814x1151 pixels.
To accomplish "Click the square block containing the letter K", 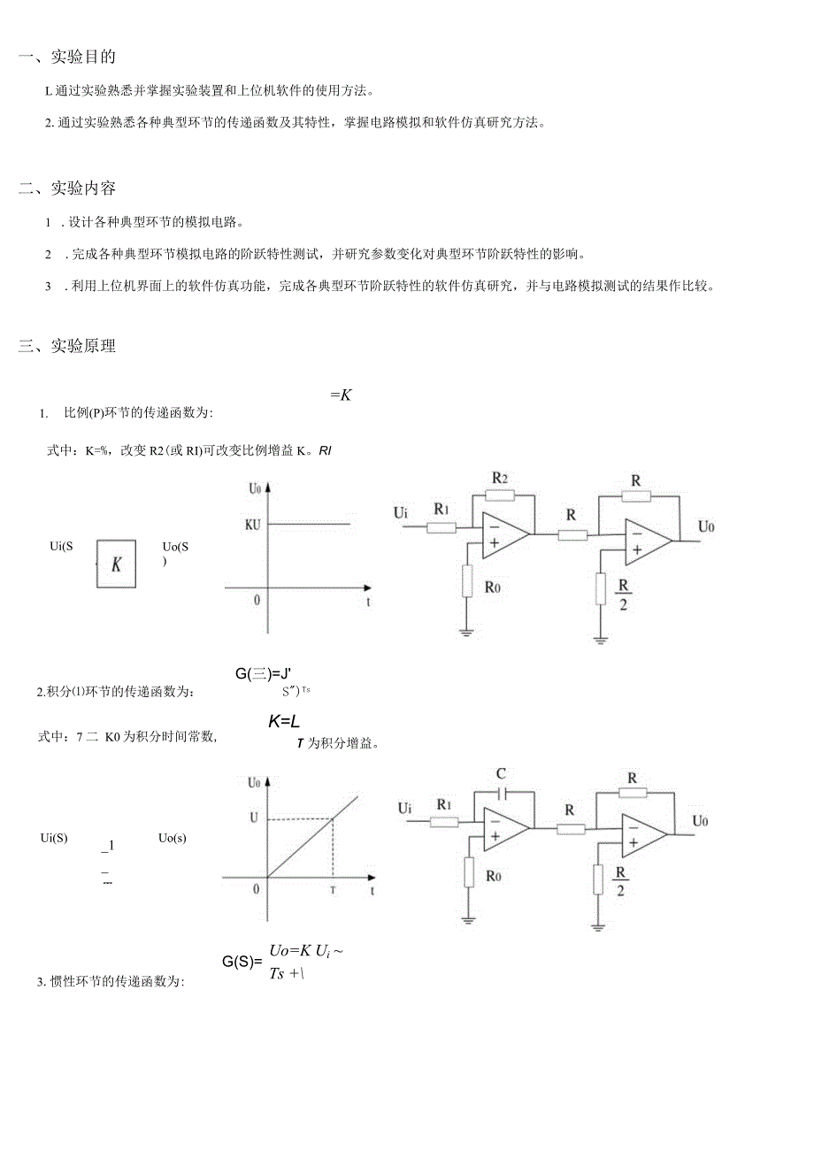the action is [x=116, y=564].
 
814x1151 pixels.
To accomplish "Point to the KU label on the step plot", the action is [x=254, y=524].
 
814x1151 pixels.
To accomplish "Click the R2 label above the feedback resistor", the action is [x=500, y=478].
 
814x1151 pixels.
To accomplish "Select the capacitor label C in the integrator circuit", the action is [x=503, y=773].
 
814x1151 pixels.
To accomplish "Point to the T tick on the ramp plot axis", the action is [x=333, y=890].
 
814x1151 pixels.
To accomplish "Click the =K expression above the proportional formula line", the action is [x=341, y=395].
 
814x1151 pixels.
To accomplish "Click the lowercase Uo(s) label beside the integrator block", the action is [x=173, y=837].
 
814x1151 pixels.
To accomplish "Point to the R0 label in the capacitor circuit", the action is [x=493, y=877].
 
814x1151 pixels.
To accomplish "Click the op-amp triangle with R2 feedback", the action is [x=504, y=533].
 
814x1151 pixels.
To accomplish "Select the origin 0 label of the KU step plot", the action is [x=257, y=600].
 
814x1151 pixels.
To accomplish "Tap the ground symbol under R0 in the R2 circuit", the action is [x=466, y=632].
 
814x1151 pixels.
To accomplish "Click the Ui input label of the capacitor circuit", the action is [x=404, y=807].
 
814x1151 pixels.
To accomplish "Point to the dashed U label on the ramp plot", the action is [x=254, y=818].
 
